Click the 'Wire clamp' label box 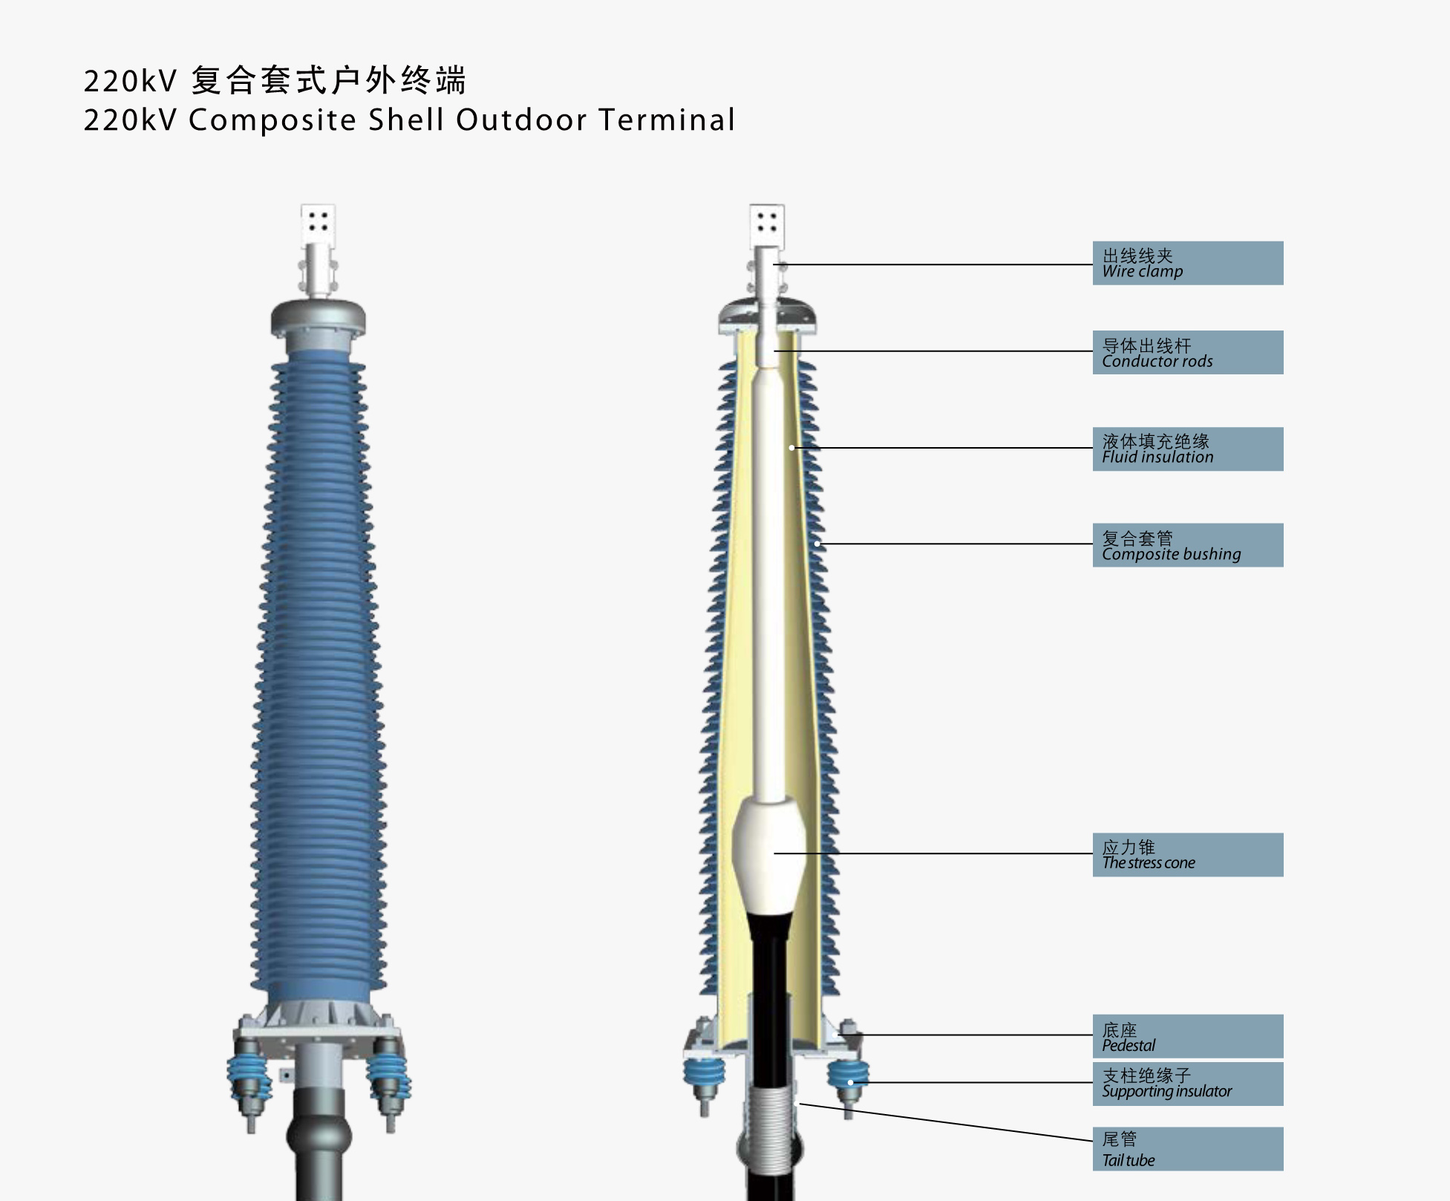[1187, 263]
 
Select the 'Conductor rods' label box [1187, 352]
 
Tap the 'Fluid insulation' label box [1187, 449]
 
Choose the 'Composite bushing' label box [1187, 545]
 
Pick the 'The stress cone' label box [1187, 854]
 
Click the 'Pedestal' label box [1187, 1036]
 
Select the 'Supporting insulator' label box [1187, 1084]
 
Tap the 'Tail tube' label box [1187, 1149]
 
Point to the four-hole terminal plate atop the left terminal [319, 223]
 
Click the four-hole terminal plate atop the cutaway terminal [767, 223]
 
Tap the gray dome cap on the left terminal [319, 316]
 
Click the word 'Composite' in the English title [272, 120]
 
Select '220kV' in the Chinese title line [130, 81]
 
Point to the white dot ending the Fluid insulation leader [791, 448]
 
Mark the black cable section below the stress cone [769, 966]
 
